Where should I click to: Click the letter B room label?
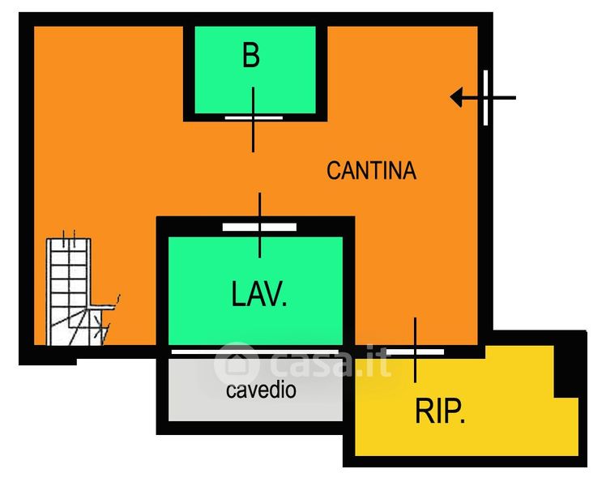pyautogui.click(x=251, y=56)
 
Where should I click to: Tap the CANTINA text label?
pyautogui.click(x=371, y=171)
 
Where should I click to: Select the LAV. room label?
pyautogui.click(x=259, y=294)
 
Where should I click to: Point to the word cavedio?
pyautogui.click(x=261, y=390)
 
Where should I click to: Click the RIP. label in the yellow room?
pyautogui.click(x=440, y=412)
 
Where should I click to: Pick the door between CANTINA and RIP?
pyautogui.click(x=415, y=352)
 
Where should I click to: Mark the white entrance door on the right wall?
pyautogui.click(x=486, y=98)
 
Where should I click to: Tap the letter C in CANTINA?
pyautogui.click(x=333, y=171)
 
